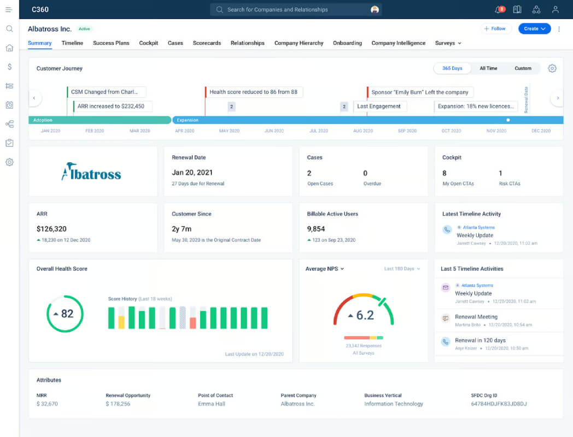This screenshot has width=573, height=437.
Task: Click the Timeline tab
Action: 72,43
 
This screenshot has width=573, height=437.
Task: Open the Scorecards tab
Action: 207,43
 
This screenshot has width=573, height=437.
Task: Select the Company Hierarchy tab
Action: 299,43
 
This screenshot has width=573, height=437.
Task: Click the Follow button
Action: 495,28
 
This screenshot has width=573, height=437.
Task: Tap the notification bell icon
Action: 499,9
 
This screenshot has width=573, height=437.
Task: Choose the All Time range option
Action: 488,68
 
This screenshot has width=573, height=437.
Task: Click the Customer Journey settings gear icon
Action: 552,68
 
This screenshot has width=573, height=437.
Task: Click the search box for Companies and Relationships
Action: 296,9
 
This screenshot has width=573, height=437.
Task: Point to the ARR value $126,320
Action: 51,229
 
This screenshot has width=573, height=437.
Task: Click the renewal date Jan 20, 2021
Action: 192,173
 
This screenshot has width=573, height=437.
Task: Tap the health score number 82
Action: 67,314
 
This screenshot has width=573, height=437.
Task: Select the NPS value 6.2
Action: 365,315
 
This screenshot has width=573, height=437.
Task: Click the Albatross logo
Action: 91,172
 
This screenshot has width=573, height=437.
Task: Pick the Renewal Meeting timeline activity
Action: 476,317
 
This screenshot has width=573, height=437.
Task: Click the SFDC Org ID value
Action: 499,404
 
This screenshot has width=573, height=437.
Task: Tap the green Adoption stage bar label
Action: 43,120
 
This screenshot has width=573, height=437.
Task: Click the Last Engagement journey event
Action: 379,106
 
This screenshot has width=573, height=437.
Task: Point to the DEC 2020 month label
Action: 541,131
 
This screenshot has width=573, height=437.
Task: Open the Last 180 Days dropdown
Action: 402,269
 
